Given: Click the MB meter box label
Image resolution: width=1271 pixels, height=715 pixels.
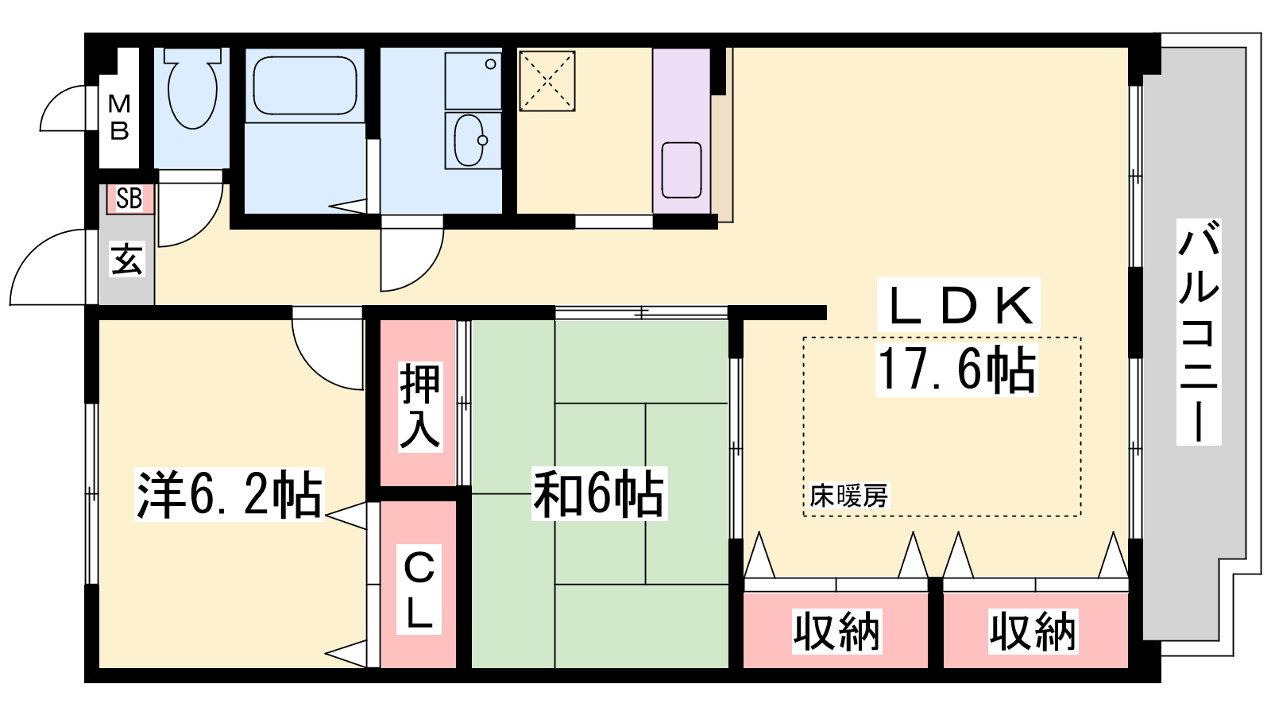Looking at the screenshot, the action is [x=119, y=118].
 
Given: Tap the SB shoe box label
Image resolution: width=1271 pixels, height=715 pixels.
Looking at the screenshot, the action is [x=129, y=198].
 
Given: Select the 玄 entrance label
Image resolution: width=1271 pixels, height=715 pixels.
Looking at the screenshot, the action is [x=126, y=259].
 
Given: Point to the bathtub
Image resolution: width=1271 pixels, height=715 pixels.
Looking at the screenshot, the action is [x=305, y=86].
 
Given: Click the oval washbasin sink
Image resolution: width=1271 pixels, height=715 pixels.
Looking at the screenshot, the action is [x=469, y=140].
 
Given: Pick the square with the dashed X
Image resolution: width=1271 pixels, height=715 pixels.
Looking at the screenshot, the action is [x=547, y=80].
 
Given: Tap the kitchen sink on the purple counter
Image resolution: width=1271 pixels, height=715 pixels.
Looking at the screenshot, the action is [x=682, y=170].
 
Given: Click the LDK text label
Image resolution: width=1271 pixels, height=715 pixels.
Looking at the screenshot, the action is [x=958, y=305].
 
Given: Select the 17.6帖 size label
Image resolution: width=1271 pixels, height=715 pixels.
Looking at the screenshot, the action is [x=956, y=369].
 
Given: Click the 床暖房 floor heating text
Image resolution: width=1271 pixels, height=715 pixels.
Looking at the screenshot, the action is [x=849, y=496].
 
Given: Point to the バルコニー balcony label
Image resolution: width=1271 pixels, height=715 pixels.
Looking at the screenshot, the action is [x=1199, y=332].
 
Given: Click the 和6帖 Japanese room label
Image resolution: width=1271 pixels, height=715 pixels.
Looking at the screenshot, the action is [x=599, y=493].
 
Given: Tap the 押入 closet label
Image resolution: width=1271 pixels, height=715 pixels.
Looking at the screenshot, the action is [x=420, y=406].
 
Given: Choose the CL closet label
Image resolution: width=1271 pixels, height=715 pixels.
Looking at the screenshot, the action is [x=419, y=589].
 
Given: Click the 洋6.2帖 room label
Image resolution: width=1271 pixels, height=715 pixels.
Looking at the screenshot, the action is [x=230, y=494].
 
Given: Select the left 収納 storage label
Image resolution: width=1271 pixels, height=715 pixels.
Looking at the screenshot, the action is [x=836, y=631].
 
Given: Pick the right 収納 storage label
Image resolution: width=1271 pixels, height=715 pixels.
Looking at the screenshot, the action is [x=1033, y=631].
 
